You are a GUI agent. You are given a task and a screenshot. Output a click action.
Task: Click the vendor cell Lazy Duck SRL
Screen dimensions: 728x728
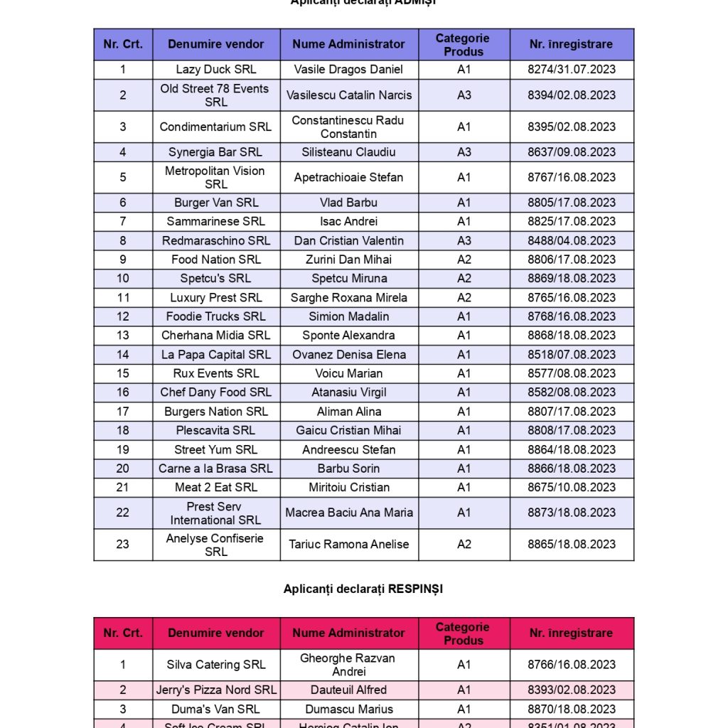(x=216, y=70)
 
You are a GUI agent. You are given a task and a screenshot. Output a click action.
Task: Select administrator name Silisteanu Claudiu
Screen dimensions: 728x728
(x=348, y=152)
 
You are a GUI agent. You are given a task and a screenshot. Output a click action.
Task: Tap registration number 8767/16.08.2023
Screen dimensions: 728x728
(x=571, y=177)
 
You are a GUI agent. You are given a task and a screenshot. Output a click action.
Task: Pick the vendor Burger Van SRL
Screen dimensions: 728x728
(x=216, y=203)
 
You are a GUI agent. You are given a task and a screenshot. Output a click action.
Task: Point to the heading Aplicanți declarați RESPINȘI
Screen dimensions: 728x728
(x=363, y=589)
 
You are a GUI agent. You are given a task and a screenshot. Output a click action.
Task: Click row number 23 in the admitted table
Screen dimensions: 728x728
(x=123, y=544)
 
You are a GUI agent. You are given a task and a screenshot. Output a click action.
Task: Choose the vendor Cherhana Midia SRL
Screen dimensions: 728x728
(x=216, y=336)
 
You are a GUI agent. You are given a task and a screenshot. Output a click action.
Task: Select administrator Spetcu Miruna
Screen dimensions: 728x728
(x=348, y=279)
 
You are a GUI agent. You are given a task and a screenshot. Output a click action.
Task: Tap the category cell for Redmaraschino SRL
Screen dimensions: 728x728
(x=464, y=240)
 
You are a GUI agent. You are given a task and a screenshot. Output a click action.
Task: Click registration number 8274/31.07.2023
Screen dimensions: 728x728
(x=571, y=70)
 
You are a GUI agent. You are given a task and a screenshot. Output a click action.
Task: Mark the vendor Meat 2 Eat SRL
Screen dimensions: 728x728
(x=216, y=488)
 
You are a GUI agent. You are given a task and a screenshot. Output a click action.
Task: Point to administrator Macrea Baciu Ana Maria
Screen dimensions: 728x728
(x=348, y=513)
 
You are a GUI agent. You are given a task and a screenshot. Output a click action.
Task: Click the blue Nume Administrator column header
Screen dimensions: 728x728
(x=348, y=44)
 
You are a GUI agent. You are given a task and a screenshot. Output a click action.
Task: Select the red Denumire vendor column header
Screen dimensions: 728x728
(x=216, y=633)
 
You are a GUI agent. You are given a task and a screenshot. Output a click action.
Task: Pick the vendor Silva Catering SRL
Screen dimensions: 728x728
(x=216, y=665)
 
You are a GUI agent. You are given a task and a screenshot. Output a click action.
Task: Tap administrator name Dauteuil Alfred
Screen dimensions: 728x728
(x=348, y=690)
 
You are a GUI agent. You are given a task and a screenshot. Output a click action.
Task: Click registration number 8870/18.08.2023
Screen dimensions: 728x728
(x=571, y=709)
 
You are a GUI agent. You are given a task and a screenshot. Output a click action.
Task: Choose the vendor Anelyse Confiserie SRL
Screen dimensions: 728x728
(x=216, y=545)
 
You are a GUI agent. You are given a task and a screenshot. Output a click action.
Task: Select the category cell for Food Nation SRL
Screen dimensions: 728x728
(x=464, y=259)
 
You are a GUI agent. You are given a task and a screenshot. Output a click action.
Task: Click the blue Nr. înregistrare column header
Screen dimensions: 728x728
(x=571, y=44)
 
